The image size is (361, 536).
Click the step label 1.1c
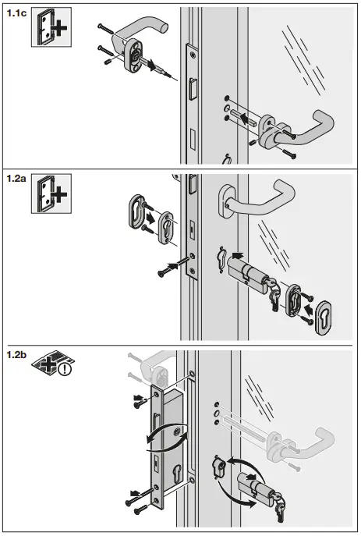click(16, 13)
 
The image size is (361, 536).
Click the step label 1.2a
click(16, 178)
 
